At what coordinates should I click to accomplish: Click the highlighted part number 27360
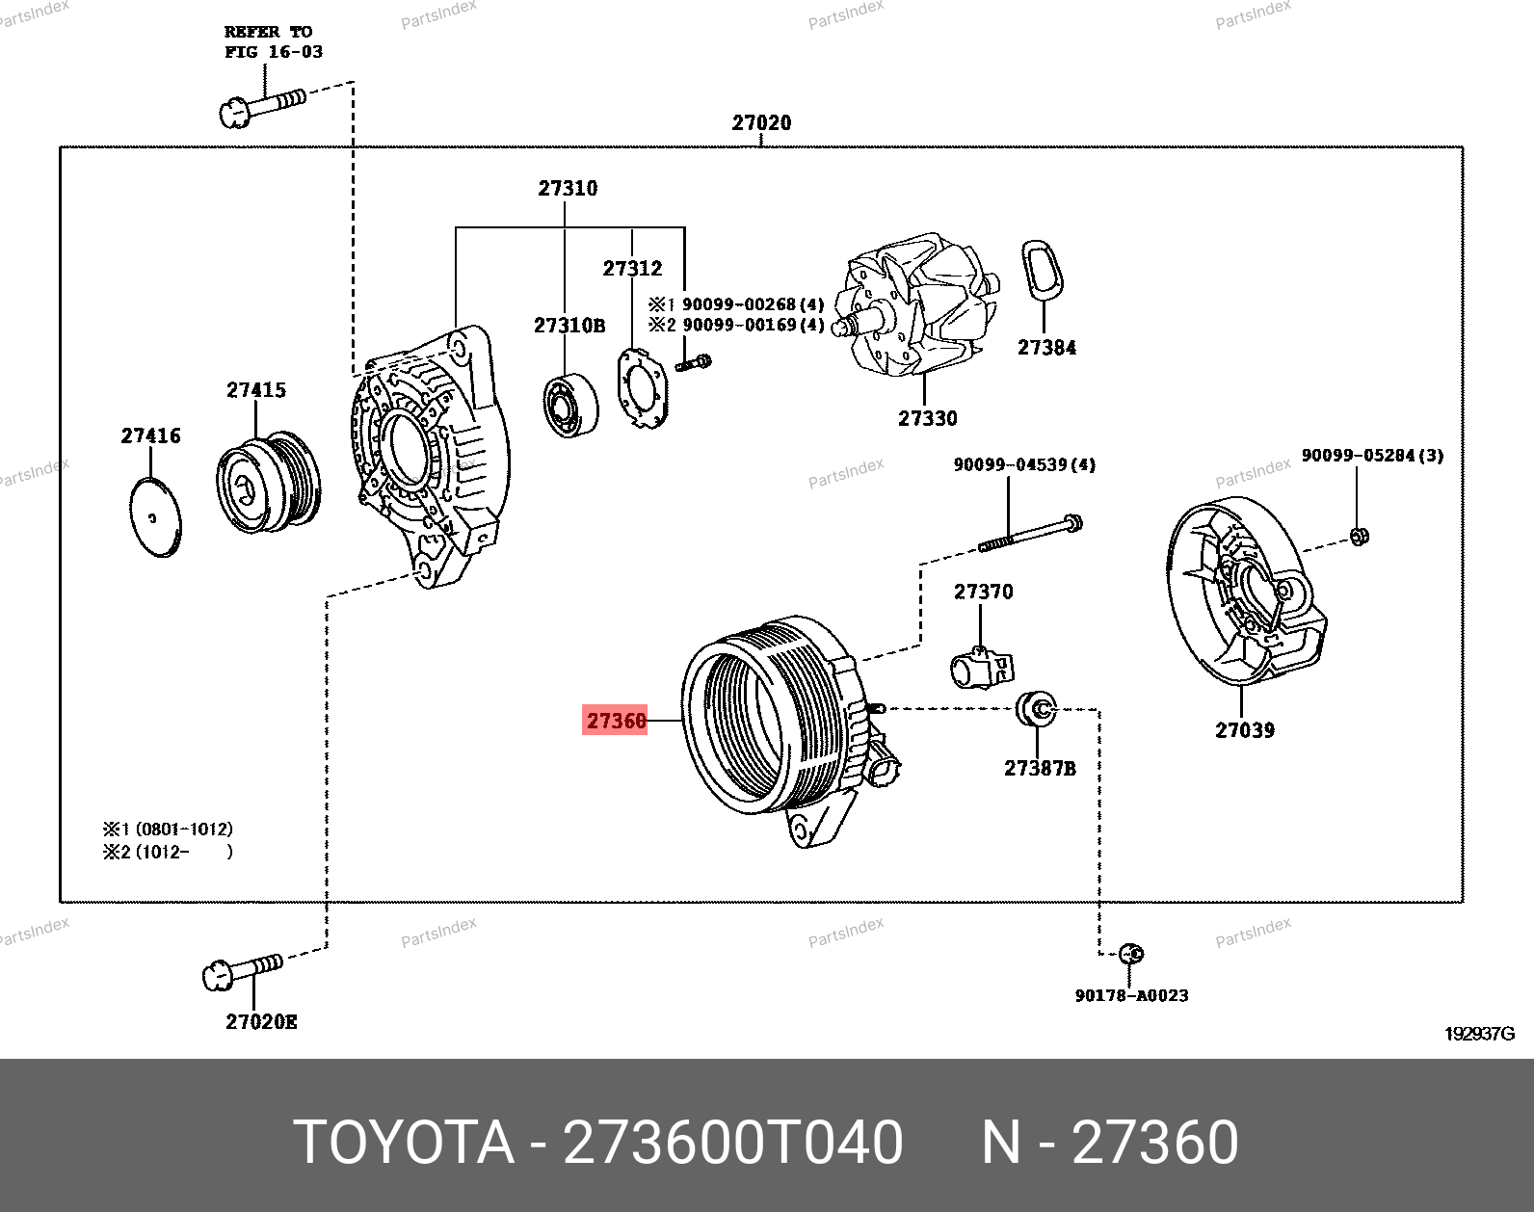pyautogui.click(x=615, y=720)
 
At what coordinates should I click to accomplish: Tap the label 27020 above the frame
pyautogui.click(x=761, y=122)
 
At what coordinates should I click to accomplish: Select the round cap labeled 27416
pyautogui.click(x=154, y=517)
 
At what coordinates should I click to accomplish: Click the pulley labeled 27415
pyautogui.click(x=267, y=482)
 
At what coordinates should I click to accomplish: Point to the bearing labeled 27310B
pyautogui.click(x=569, y=403)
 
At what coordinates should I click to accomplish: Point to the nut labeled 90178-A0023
pyautogui.click(x=1133, y=954)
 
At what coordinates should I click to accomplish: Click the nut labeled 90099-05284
pyautogui.click(x=1359, y=537)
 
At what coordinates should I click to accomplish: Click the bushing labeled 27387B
pyautogui.click(x=1038, y=710)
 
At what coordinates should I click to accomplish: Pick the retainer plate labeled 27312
pyautogui.click(x=641, y=389)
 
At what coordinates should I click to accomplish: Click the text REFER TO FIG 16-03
pyautogui.click(x=273, y=41)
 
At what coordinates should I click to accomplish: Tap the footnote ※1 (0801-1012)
pyautogui.click(x=168, y=829)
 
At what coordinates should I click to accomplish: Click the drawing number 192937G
pyautogui.click(x=1478, y=1034)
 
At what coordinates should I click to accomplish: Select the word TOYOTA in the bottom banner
pyautogui.click(x=403, y=1143)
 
